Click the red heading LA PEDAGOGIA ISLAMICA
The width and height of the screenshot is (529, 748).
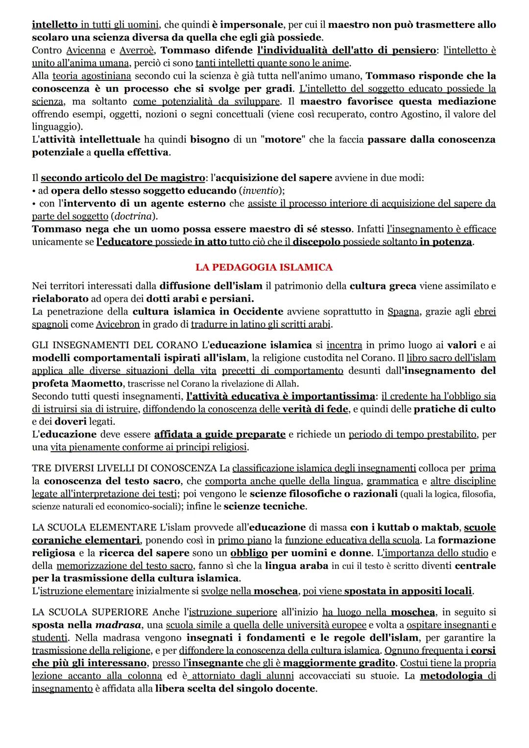[x=264, y=267]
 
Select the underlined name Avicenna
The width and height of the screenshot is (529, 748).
[x=86, y=51]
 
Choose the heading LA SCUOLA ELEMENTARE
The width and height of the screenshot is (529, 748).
[x=95, y=528]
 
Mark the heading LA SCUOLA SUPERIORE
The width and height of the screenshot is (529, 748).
[x=90, y=612]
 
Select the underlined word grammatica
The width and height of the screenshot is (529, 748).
[x=392, y=481]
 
